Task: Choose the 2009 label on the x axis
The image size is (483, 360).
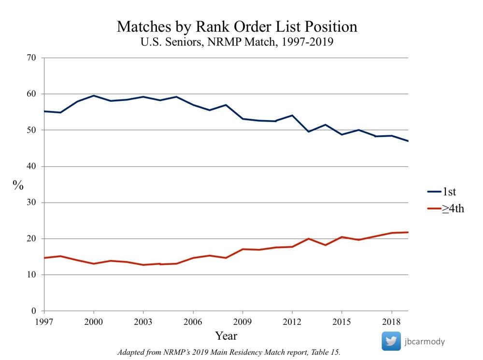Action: click(242, 321)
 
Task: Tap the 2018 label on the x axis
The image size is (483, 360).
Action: click(391, 321)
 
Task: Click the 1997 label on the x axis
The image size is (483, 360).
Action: click(44, 321)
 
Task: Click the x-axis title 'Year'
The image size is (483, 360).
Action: click(226, 335)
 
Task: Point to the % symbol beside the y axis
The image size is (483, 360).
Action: click(18, 185)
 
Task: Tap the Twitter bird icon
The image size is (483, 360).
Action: click(391, 341)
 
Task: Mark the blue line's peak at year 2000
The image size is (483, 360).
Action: click(94, 96)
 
